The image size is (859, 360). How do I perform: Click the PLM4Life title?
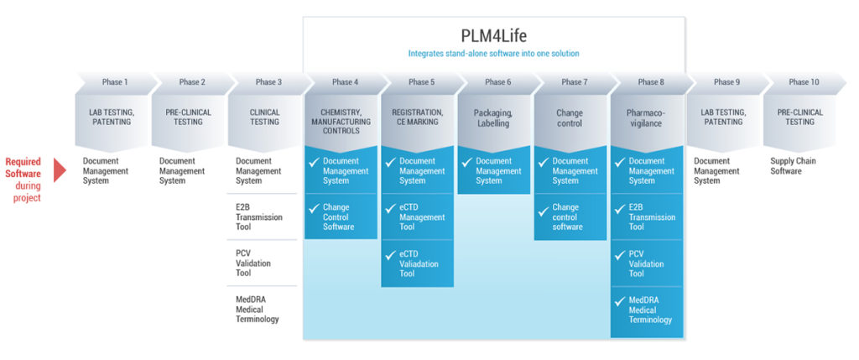(x=493, y=37)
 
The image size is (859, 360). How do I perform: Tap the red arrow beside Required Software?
(x=60, y=170)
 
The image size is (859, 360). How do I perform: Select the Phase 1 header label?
(x=115, y=82)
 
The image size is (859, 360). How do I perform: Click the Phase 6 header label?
(x=497, y=82)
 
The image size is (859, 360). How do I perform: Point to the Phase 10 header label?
(x=804, y=82)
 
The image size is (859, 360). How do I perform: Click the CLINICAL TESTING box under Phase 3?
(x=265, y=117)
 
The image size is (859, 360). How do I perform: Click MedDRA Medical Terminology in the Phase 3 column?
(x=258, y=310)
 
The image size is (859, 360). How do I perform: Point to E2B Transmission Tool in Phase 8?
(x=652, y=217)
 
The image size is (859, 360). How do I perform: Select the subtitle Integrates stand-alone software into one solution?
(x=493, y=54)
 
